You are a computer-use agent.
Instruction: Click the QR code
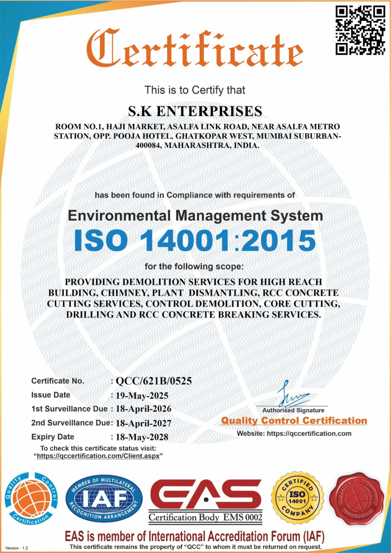point(360,31)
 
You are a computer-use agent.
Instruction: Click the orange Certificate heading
point(195,48)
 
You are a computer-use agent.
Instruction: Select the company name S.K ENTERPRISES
point(195,111)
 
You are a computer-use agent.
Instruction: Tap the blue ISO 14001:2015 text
point(195,241)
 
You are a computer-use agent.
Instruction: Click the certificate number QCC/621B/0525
point(154,381)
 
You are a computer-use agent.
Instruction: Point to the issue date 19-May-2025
point(142,395)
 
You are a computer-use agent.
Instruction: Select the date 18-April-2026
point(143,409)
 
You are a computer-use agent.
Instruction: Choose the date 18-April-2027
point(143,423)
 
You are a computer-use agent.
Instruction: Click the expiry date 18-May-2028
point(142,437)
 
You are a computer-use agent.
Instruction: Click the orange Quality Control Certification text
point(294,421)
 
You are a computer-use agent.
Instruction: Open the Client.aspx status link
point(98,456)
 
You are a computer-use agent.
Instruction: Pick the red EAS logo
point(206,494)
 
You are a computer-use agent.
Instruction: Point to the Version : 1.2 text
point(17,548)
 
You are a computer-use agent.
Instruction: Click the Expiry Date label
point(52,437)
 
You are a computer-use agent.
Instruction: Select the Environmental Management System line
point(195,215)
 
